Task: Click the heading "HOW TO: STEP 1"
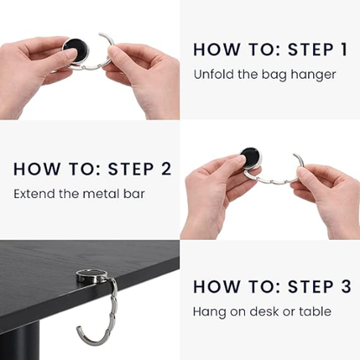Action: [269, 49]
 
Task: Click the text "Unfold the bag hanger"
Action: [264, 74]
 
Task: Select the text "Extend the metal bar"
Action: [80, 192]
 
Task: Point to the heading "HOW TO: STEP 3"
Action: [271, 286]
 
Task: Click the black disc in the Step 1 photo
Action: [75, 50]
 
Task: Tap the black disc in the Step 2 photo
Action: [250, 157]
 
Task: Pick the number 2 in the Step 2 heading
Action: [164, 168]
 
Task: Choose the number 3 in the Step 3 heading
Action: [344, 286]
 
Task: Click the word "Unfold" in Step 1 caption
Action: [213, 74]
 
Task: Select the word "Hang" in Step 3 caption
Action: [208, 311]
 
